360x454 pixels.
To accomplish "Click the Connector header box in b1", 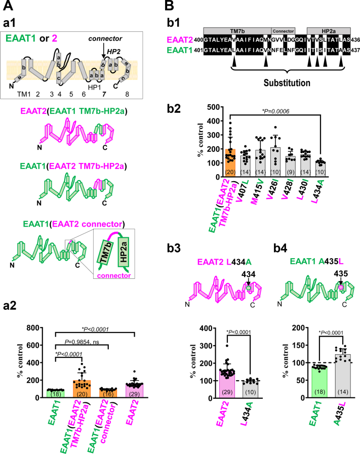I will click(286, 31).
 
